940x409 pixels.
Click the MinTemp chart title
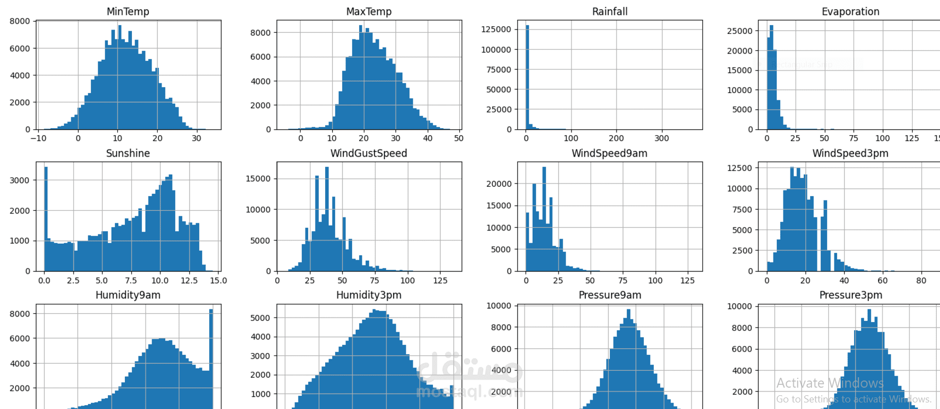coord(128,11)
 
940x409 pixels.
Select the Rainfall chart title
coord(609,11)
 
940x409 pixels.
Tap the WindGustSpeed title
coord(368,153)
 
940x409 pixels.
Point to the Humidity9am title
coord(128,295)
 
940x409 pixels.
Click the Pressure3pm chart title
coord(850,295)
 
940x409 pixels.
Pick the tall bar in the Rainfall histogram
coord(527,77)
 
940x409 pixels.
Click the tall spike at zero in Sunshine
coord(46,219)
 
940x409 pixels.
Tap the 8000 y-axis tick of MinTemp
coord(20,21)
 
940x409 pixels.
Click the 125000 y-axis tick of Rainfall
coord(496,30)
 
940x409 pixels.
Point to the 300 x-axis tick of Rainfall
coord(661,139)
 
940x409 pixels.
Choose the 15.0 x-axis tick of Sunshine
coord(218,280)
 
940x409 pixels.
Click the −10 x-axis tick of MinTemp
coord(38,139)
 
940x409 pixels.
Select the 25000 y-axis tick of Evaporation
coord(740,31)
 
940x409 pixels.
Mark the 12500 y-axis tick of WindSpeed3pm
coord(740,168)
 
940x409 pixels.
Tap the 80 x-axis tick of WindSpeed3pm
coord(921,280)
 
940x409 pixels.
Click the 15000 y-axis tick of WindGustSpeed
coord(258,179)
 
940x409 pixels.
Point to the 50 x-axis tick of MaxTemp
coord(459,139)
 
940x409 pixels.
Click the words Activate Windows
coord(829,383)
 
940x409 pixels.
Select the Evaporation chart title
coord(850,11)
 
